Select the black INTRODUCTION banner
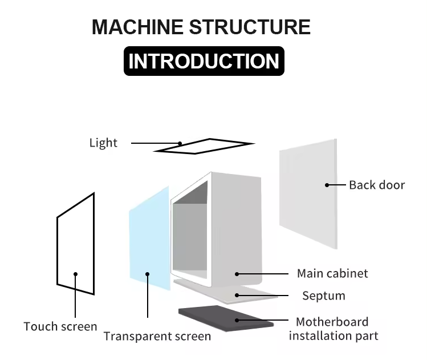[204, 61]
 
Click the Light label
[103, 143]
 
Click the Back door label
[377, 185]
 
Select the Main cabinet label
[332, 273]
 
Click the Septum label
[323, 296]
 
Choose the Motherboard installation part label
[332, 329]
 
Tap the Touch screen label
[60, 326]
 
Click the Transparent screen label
[157, 336]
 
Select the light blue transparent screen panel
[149, 240]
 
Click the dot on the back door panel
[327, 185]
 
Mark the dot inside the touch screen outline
[75, 274]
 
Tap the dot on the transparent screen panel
[148, 274]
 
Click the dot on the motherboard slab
[238, 321]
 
